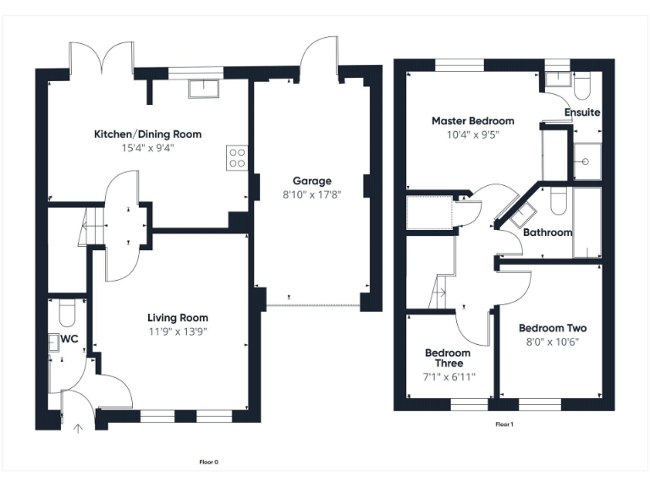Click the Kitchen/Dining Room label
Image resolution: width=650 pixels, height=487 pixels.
coord(147,134)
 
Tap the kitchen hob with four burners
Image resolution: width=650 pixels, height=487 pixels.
coord(237,158)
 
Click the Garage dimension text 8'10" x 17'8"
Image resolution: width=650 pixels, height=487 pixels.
coord(311,195)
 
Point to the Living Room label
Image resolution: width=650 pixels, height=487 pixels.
coord(178,318)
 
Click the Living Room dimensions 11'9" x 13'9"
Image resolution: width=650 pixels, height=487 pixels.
coord(178,331)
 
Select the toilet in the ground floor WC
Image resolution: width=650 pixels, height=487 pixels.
coord(69,315)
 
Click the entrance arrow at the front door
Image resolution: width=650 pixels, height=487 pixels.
coord(79,429)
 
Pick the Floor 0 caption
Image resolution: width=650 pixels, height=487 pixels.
coord(208,462)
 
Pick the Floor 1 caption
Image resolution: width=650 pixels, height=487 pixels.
coord(504,424)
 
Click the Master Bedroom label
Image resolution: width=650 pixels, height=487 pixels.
coord(472,121)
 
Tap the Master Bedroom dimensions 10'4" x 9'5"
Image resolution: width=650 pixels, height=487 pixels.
coord(472,134)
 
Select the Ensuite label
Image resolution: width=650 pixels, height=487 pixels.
coord(582,112)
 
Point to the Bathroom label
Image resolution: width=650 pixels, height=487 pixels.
coord(548,233)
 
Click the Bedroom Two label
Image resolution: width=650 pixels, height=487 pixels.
coord(553,328)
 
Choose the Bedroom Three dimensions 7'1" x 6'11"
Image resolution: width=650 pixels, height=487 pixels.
coord(448,377)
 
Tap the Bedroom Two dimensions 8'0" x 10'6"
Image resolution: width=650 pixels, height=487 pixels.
coord(553,342)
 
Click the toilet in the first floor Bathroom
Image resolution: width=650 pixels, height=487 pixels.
coord(557,200)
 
